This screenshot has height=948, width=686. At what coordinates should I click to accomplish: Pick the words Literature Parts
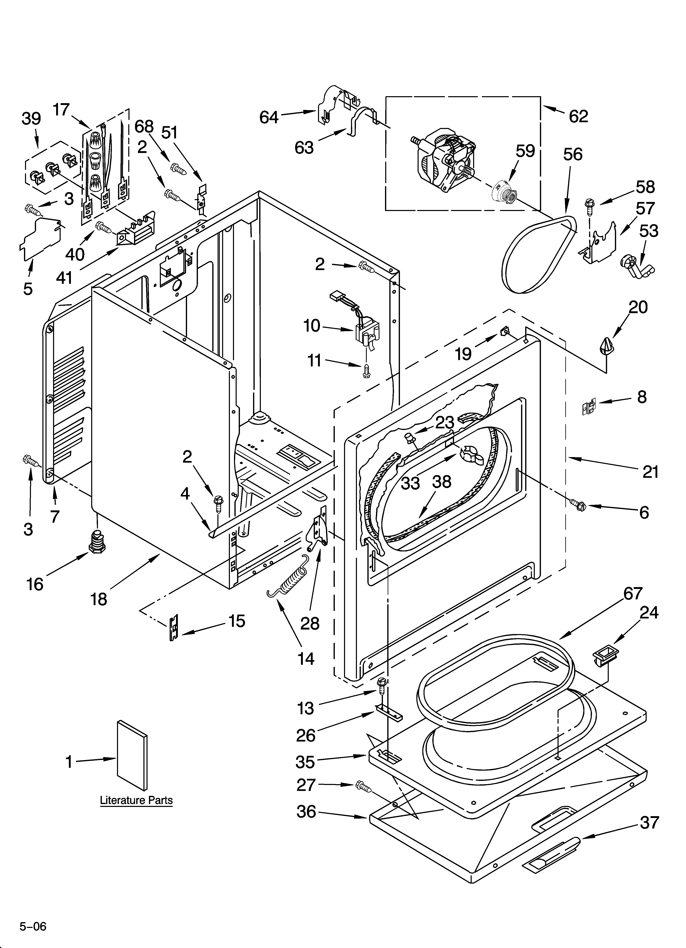(x=136, y=800)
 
